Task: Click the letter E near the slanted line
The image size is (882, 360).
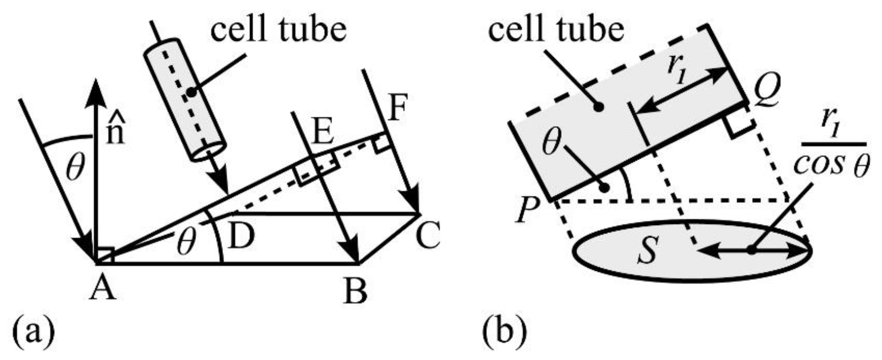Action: [x=323, y=133]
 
